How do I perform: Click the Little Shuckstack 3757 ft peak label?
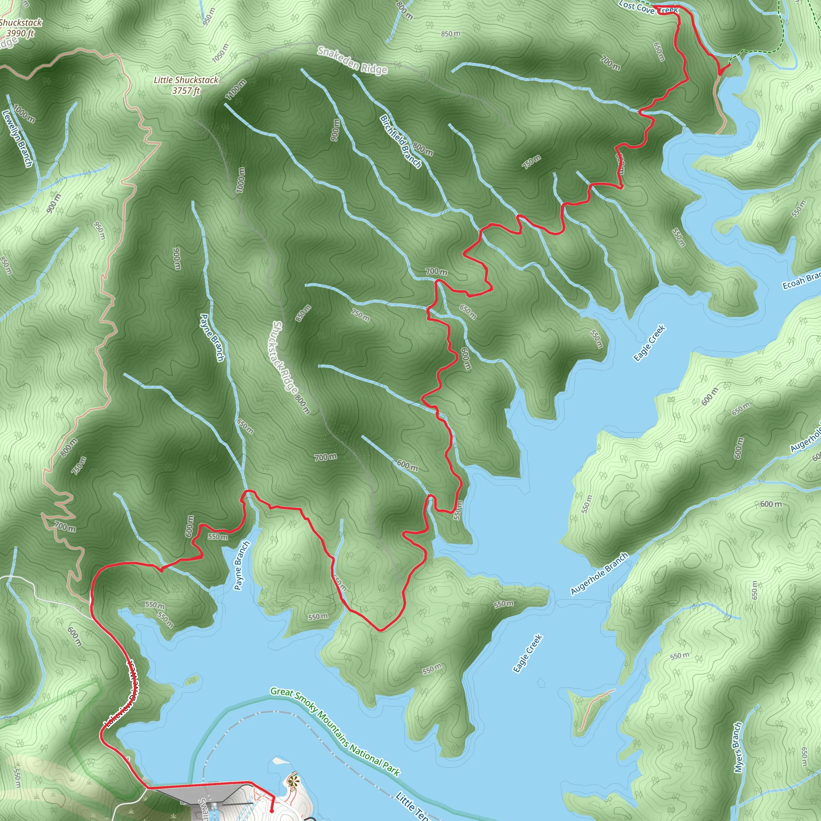(186, 85)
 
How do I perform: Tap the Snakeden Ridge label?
(352, 61)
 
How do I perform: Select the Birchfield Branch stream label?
(400, 141)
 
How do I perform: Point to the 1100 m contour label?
(236, 90)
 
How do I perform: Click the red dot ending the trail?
(272, 811)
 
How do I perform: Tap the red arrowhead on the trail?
(721, 71)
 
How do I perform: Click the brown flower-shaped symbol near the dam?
(292, 781)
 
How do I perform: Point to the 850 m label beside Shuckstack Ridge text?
(303, 313)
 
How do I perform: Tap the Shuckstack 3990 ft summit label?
(20, 28)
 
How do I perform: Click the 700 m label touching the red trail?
(437, 271)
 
